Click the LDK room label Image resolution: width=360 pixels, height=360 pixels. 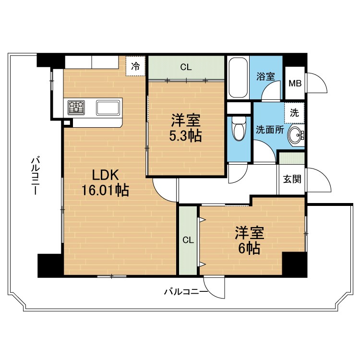click(x=106, y=175)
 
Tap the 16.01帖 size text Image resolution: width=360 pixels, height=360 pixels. click(x=105, y=190)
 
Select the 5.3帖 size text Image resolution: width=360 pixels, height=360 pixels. click(x=185, y=136)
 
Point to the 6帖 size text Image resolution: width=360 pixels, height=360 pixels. click(x=249, y=248)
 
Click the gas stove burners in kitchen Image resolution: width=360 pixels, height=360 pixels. click(x=76, y=108)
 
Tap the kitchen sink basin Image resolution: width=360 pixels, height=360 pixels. click(x=108, y=108)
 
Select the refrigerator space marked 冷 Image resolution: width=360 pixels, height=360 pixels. click(x=135, y=66)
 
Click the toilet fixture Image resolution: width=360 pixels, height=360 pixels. click(x=239, y=128)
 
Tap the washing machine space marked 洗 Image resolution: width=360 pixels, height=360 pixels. click(x=294, y=112)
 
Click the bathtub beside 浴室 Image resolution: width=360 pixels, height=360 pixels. click(x=239, y=77)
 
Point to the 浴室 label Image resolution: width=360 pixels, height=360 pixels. click(x=265, y=76)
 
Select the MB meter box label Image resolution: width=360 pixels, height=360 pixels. click(x=295, y=84)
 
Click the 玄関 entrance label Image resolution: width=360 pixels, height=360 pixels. click(x=292, y=179)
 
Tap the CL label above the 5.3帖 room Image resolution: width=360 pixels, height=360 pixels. click(x=186, y=67)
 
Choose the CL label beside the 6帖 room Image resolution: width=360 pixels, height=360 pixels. click(x=188, y=240)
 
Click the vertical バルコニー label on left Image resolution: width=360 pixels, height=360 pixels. click(x=36, y=176)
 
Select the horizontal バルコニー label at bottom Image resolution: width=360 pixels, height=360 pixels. click(x=186, y=292)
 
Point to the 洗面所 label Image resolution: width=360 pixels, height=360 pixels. click(x=270, y=130)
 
